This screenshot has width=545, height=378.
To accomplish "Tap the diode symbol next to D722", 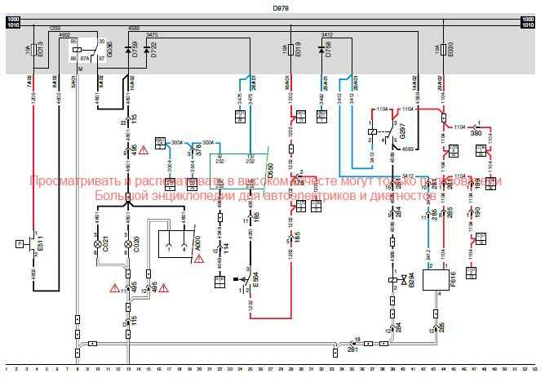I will click(146, 51).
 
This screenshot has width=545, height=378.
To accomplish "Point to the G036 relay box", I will click(82, 51).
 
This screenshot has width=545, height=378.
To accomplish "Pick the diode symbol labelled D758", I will click(320, 51).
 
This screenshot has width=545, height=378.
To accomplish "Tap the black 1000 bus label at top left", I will click(12, 18).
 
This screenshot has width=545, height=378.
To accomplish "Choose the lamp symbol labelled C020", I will click(126, 244).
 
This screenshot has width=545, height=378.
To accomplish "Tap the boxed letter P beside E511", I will click(18, 242).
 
